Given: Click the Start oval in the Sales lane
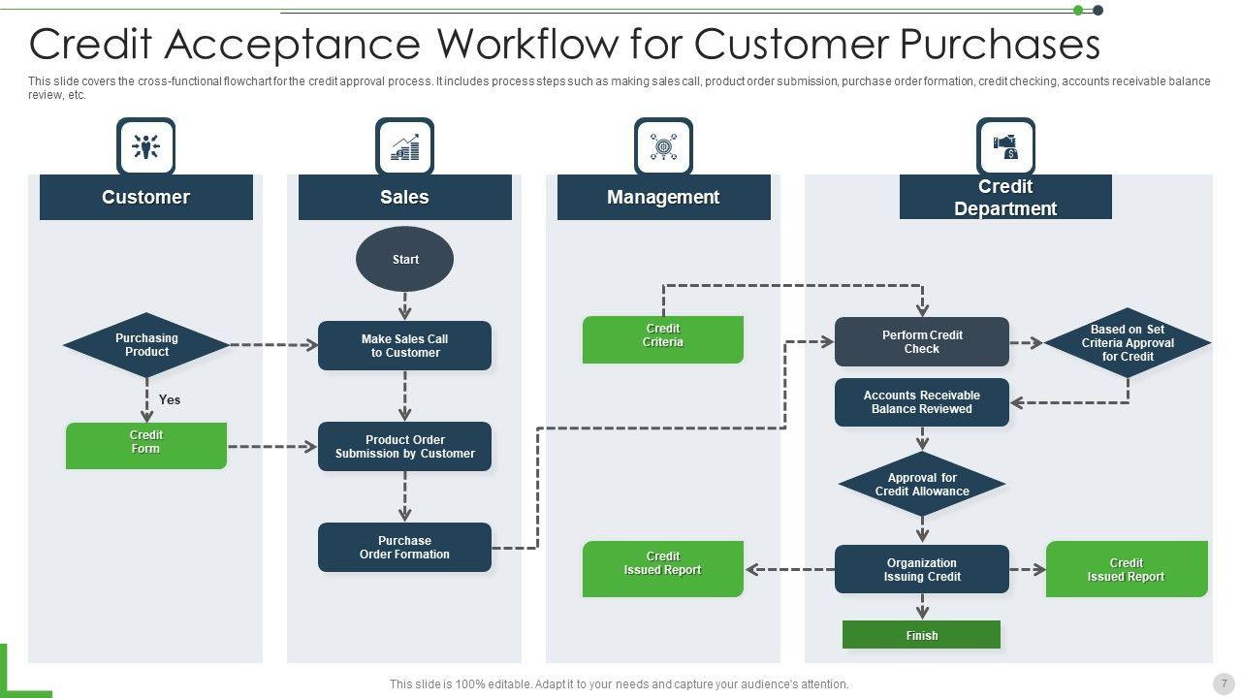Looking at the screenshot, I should [x=405, y=259].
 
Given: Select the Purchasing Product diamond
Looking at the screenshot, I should [x=146, y=345].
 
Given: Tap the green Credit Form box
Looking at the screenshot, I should [x=146, y=445].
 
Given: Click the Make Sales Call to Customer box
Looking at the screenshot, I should [x=404, y=346].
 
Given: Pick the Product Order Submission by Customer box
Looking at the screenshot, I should [x=404, y=447].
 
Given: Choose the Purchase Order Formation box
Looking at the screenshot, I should [x=404, y=548].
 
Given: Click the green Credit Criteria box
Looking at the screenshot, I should [x=663, y=339].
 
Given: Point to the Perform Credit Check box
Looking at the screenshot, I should [x=921, y=342].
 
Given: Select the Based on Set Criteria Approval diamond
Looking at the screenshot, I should [x=1128, y=343].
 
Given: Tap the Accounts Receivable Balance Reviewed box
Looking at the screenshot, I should [x=921, y=402].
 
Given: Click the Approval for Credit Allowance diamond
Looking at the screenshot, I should [x=921, y=484].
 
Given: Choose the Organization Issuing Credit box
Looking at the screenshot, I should [x=921, y=570].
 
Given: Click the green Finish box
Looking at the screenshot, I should [x=921, y=635].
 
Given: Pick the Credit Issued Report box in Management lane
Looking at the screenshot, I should [x=663, y=568].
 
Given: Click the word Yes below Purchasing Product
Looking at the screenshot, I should [x=170, y=399].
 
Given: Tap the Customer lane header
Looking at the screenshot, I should [x=146, y=197].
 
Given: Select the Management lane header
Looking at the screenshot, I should [x=663, y=197].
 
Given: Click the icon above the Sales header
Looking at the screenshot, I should [x=404, y=147].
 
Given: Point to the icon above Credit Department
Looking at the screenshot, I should [x=1005, y=147].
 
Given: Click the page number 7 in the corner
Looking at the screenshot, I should [x=1224, y=683].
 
